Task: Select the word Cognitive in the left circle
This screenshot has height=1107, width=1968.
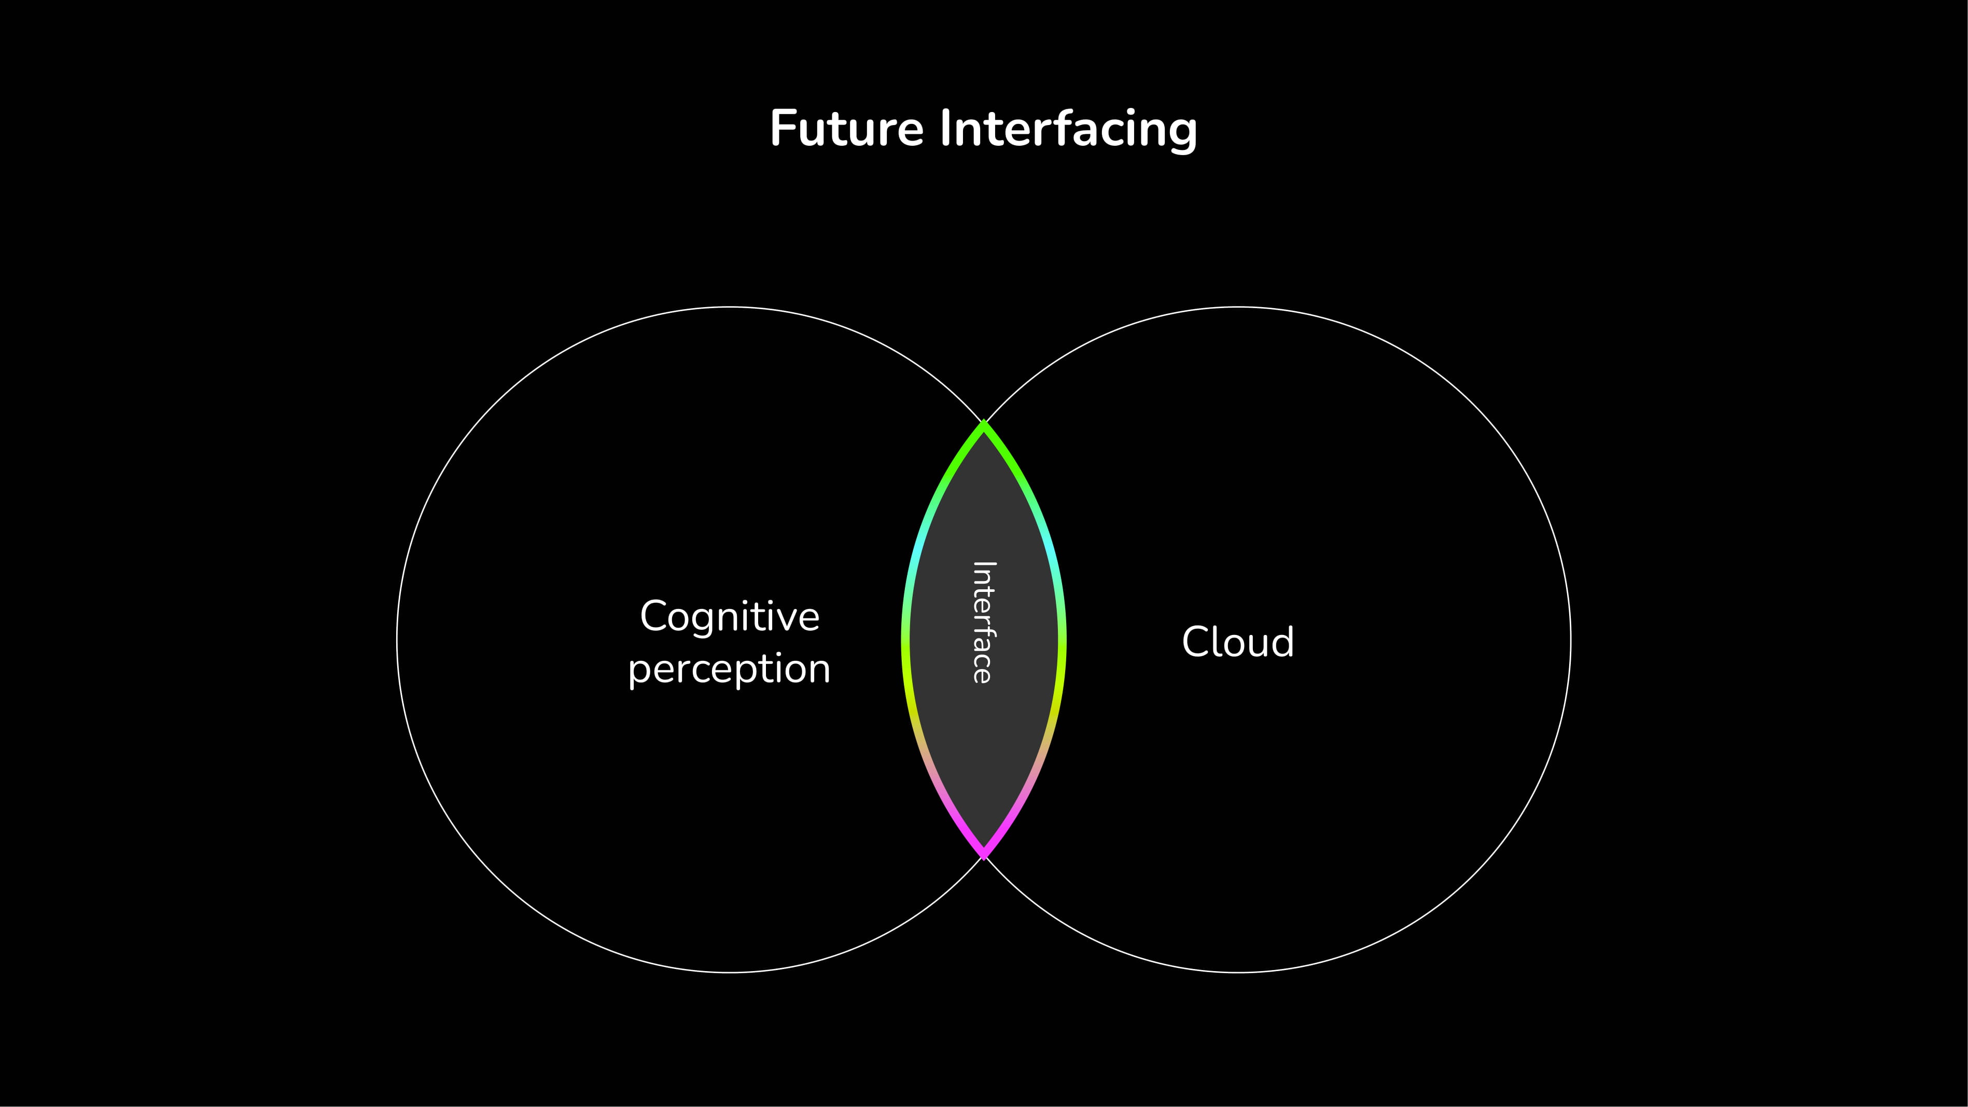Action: coord(730,617)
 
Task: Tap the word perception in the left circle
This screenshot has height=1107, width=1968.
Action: coord(730,670)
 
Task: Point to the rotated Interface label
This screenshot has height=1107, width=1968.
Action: coord(983,622)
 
